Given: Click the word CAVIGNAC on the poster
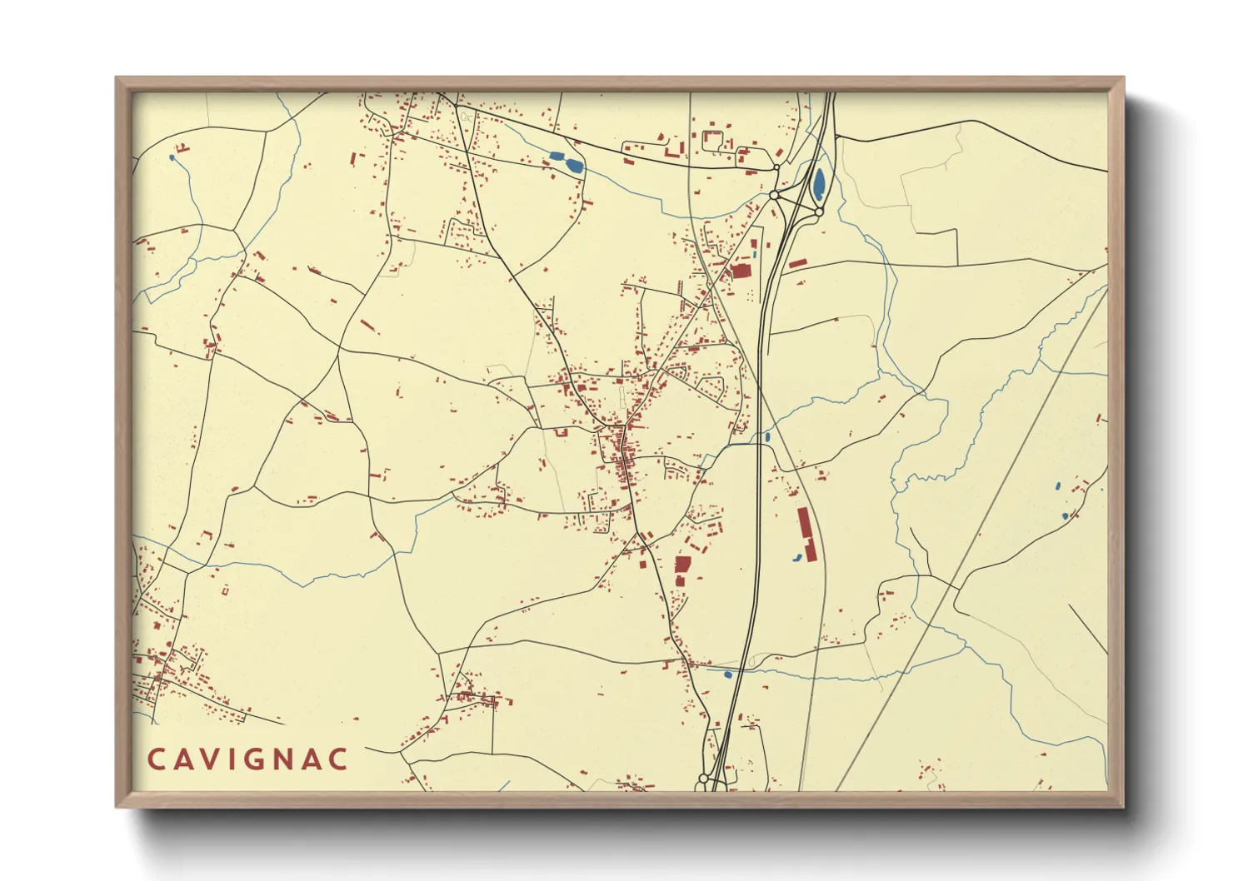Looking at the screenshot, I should tap(247, 759).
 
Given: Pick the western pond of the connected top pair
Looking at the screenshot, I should tap(556, 155).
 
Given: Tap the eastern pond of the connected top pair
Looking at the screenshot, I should tap(573, 164).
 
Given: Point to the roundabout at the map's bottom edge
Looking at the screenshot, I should tap(703, 779).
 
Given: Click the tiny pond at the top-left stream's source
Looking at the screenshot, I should tap(172, 157).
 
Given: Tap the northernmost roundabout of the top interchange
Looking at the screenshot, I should tap(776, 167).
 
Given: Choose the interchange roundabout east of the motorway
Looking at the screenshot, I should tap(819, 212).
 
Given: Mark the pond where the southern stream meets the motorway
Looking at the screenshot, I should tap(728, 674).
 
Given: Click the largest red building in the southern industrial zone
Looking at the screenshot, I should tap(682, 565).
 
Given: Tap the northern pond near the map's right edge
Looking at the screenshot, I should tap(1057, 485).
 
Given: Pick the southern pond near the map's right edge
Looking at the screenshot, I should tap(1065, 517).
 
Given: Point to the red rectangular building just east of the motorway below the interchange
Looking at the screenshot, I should tap(797, 263).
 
